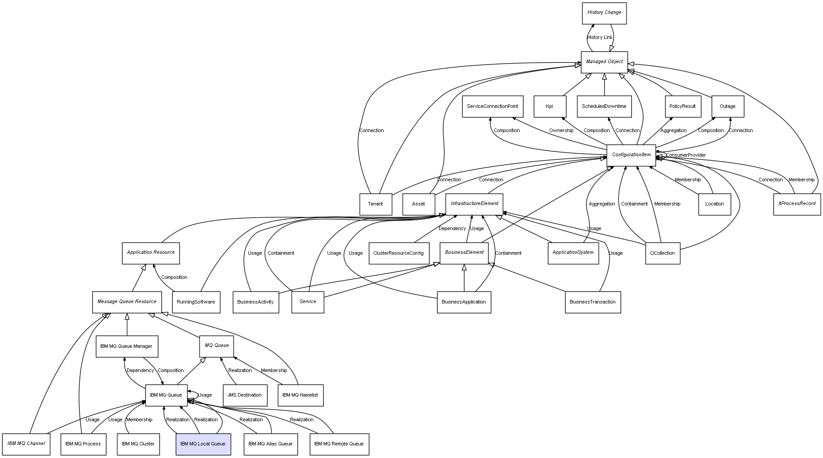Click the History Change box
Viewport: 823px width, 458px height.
(x=604, y=13)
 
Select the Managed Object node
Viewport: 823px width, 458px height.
(x=604, y=62)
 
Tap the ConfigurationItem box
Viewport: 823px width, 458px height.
(x=631, y=155)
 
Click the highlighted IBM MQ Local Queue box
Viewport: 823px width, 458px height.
(x=203, y=444)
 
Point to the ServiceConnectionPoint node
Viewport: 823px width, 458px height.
(x=492, y=107)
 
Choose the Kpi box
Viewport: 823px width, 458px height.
(x=550, y=107)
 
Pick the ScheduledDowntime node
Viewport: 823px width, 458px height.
(x=604, y=107)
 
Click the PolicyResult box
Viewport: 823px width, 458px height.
(x=682, y=107)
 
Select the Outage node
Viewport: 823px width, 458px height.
(x=727, y=107)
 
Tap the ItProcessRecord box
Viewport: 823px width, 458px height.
(x=797, y=204)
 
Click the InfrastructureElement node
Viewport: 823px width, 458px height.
(x=474, y=204)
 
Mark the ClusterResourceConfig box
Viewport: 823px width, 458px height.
(x=398, y=253)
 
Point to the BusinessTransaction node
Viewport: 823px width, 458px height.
(x=593, y=302)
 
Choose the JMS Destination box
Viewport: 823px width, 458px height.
(x=244, y=395)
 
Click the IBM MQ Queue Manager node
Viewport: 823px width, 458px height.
(x=127, y=346)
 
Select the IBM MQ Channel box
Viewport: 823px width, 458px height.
(x=26, y=444)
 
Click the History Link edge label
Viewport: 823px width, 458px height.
(x=600, y=38)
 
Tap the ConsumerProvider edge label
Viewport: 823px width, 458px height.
(x=686, y=155)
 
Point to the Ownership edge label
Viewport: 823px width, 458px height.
(x=561, y=131)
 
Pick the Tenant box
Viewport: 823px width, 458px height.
(x=375, y=204)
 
